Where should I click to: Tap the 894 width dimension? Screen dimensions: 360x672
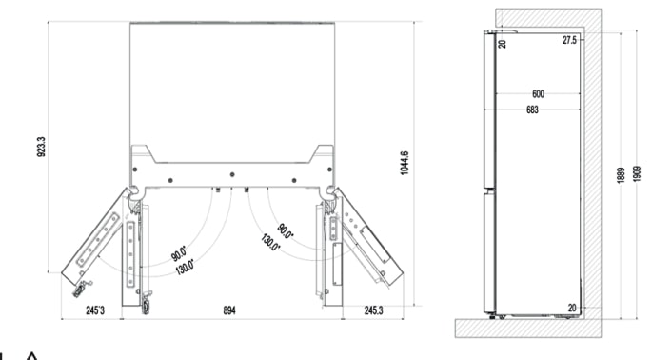point(228,310)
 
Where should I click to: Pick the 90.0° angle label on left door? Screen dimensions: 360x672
point(178,255)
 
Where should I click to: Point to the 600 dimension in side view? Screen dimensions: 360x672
point(539,94)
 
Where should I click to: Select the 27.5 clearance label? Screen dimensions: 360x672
point(569,41)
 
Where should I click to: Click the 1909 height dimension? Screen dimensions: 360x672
point(637,175)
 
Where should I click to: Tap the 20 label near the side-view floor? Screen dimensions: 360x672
point(571,308)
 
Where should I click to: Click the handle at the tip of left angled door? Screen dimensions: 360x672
point(82,285)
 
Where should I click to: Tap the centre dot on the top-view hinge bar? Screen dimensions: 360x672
point(232,173)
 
